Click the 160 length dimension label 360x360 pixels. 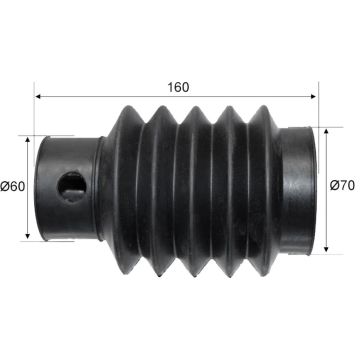coord(178,87)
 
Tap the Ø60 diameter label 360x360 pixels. coord(13,187)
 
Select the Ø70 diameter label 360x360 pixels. coord(342,185)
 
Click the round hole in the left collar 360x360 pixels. coord(72,187)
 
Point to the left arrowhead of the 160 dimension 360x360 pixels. coord(38,97)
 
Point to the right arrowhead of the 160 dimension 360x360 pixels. coord(313,97)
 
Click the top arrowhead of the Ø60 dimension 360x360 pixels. coord(28,139)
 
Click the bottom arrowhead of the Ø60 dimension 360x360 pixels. coord(28,236)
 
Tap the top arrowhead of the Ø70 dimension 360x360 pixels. coord(326,131)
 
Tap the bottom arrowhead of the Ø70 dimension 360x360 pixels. coord(326,249)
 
